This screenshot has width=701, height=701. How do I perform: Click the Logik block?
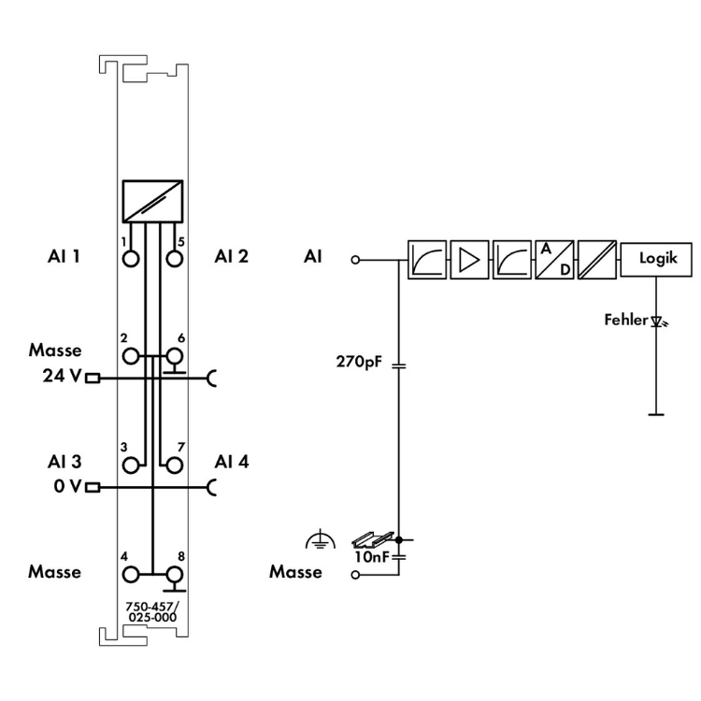(657, 259)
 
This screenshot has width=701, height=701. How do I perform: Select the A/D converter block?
(553, 259)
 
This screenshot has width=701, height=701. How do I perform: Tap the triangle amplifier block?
(468, 259)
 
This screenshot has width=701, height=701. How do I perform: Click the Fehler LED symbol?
(658, 322)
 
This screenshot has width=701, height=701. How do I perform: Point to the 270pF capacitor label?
(358, 359)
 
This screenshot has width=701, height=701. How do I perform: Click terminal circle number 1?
(131, 256)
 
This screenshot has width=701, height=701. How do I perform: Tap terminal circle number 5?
(173, 256)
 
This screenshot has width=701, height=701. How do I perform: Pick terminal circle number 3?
(131, 463)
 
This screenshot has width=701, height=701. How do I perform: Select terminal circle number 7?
(173, 463)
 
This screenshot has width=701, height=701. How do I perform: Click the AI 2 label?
(231, 256)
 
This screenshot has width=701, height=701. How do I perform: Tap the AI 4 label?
(231, 462)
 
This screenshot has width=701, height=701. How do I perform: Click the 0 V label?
(66, 487)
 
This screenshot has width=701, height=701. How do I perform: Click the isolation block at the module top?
(151, 199)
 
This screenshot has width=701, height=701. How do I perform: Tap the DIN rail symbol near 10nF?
(365, 540)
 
